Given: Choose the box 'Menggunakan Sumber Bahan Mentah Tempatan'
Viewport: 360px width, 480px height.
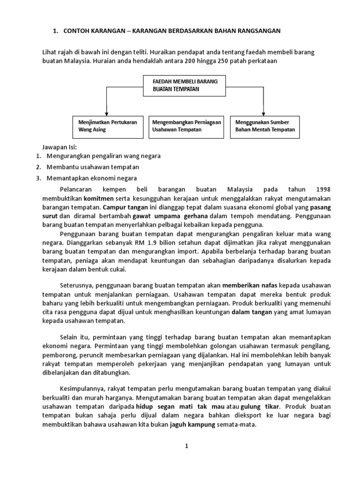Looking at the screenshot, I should [x=264, y=126].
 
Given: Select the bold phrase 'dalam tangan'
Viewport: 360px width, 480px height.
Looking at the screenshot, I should [x=252, y=313].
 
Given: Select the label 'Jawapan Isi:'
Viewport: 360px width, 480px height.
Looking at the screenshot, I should [x=56, y=147].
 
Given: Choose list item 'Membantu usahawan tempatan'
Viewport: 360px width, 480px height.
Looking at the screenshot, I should [x=93, y=167].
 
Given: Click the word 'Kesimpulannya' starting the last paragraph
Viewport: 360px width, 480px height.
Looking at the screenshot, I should [x=82, y=389].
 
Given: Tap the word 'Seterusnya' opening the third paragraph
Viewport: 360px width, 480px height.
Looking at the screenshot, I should [x=77, y=286].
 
